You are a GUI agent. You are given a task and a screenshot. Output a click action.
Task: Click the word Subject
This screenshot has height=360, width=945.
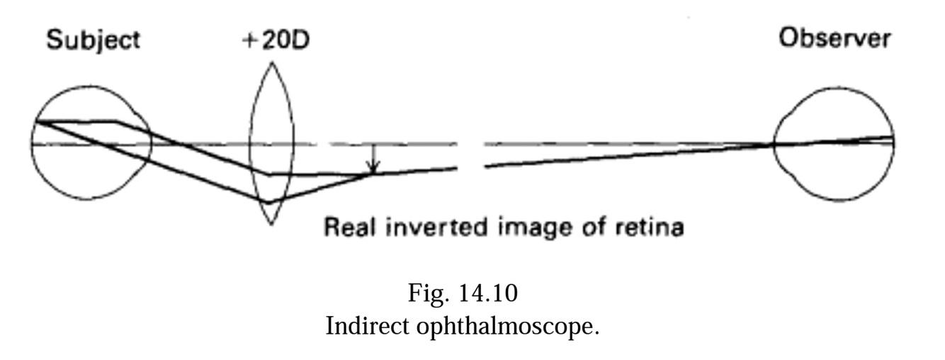tap(93, 40)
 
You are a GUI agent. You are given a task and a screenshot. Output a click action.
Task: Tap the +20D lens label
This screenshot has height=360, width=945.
tap(276, 40)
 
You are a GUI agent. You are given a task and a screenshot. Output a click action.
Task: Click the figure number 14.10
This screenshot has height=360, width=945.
tap(490, 292)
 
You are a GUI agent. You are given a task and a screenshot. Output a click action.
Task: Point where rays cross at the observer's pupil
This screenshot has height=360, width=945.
tap(773, 145)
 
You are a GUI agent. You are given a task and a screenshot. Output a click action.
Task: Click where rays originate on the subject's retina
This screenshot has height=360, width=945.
tap(35, 122)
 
